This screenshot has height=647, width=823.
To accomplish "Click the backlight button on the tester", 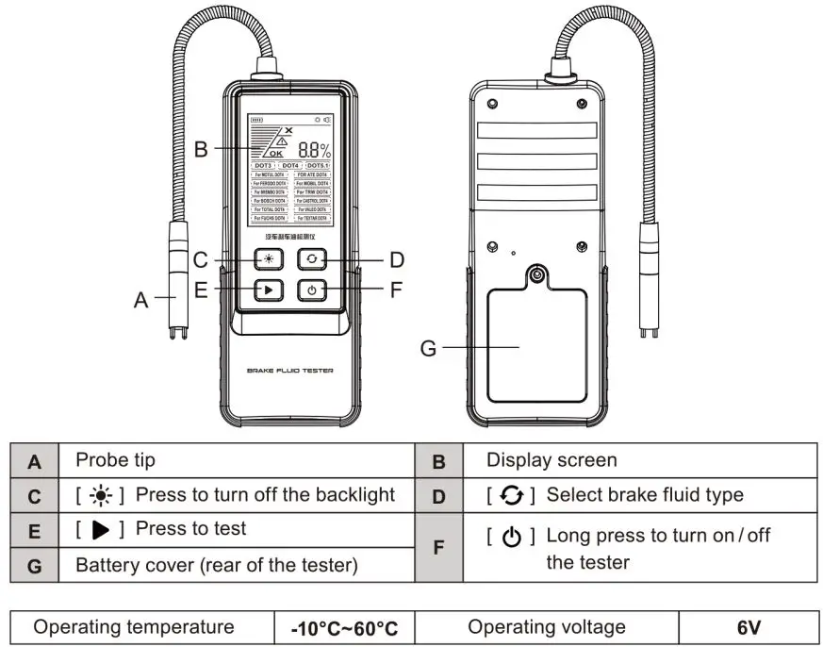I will [x=270, y=259].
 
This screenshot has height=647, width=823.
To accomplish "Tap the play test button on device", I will [x=270, y=290].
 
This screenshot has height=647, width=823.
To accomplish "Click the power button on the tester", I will [x=312, y=290].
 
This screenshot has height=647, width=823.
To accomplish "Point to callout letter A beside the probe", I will [x=140, y=301].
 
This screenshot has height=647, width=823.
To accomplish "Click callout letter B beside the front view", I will [x=200, y=149].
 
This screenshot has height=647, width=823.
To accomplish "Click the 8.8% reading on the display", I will [x=314, y=150].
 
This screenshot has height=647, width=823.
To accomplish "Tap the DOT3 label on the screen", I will [x=263, y=165].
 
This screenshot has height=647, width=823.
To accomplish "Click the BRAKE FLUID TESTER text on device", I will [x=289, y=371].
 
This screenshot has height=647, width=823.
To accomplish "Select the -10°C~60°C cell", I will [x=344, y=628].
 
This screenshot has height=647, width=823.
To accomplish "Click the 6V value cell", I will [x=749, y=628].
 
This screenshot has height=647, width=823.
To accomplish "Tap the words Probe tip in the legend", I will [x=115, y=461].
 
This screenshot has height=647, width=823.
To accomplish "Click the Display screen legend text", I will [x=551, y=461].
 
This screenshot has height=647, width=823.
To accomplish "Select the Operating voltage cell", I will [x=547, y=628].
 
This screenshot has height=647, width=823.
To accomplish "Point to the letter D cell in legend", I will [x=437, y=495].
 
